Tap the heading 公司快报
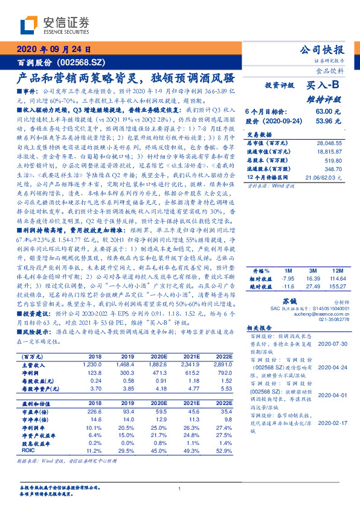coord(324,50)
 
